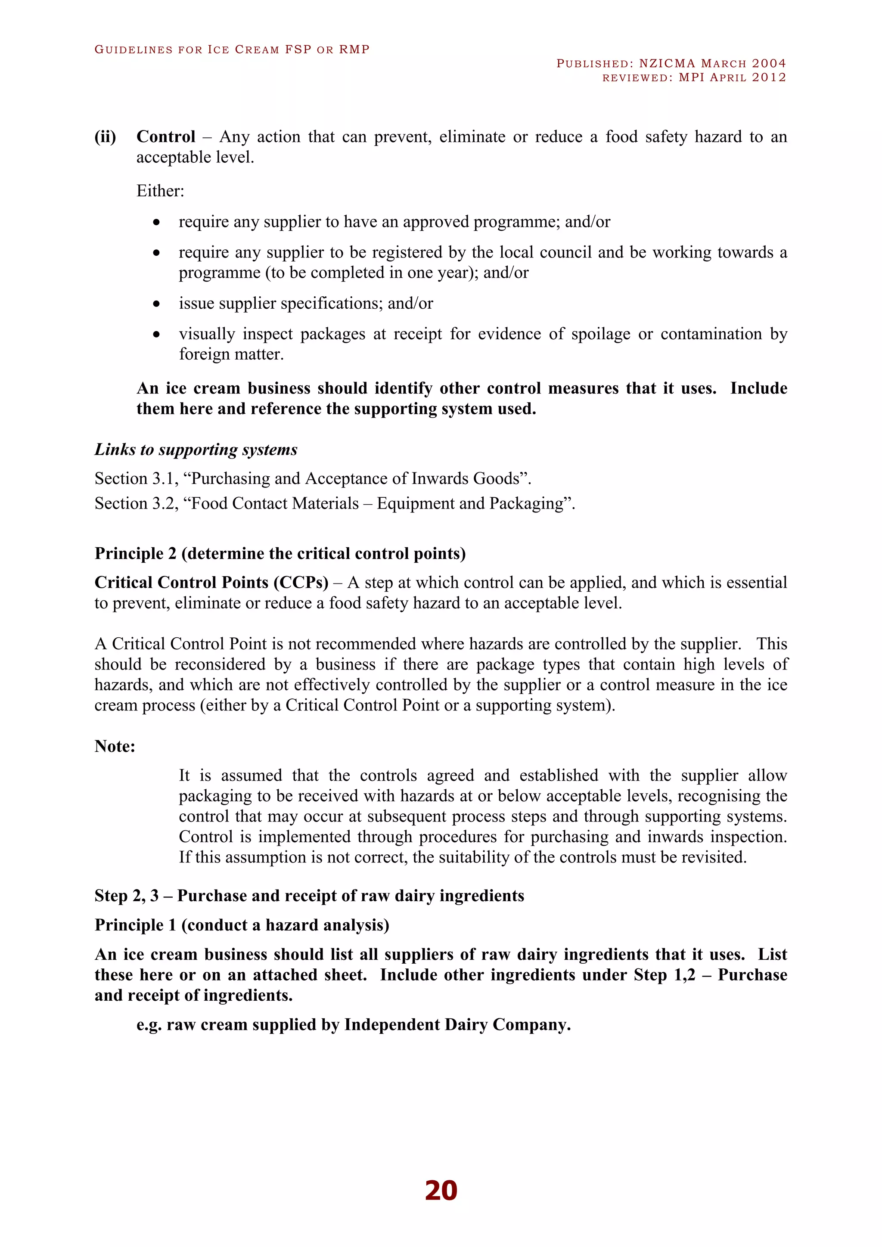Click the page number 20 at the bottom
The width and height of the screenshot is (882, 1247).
point(441,1191)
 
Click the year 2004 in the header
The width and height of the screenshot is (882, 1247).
point(768,64)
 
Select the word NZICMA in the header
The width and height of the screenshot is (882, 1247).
point(667,64)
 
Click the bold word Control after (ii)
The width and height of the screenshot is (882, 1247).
point(166,137)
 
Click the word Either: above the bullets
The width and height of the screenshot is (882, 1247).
point(160,191)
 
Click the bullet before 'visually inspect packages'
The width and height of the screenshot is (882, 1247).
point(156,335)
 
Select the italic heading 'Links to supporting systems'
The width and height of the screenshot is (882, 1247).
point(196,450)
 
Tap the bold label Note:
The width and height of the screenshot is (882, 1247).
point(115,746)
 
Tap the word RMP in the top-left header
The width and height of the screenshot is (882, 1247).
point(354,50)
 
